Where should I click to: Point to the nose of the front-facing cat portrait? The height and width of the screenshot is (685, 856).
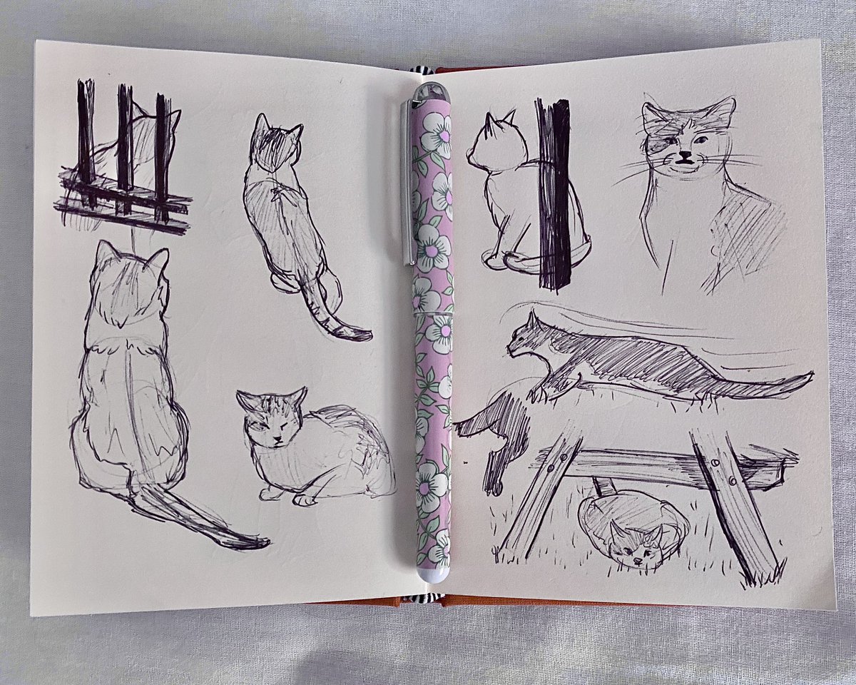click(685, 153)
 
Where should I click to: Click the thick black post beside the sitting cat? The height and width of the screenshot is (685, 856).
click(554, 193)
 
